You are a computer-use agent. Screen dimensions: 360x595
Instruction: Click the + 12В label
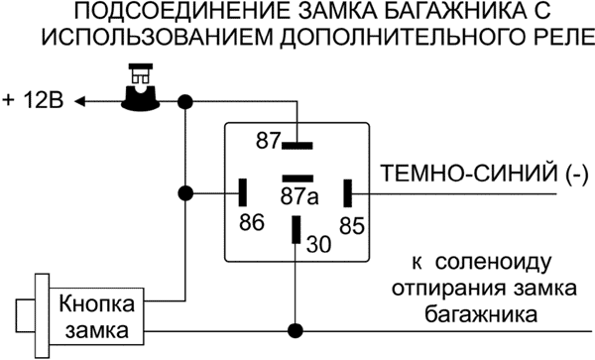tap(37, 101)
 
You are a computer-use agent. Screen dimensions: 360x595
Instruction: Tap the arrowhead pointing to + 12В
tap(82, 101)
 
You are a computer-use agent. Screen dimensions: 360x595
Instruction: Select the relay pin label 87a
tap(298, 195)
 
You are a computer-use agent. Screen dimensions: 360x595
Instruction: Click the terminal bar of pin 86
tap(244, 190)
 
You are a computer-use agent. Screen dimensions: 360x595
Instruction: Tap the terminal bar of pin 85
tap(348, 190)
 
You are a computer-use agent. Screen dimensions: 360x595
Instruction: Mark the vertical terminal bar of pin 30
tap(295, 229)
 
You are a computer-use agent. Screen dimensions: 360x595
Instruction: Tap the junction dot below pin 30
tap(295, 330)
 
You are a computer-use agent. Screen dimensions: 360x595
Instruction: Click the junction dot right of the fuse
tap(184, 100)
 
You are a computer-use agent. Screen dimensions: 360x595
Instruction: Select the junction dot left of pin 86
tap(184, 191)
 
